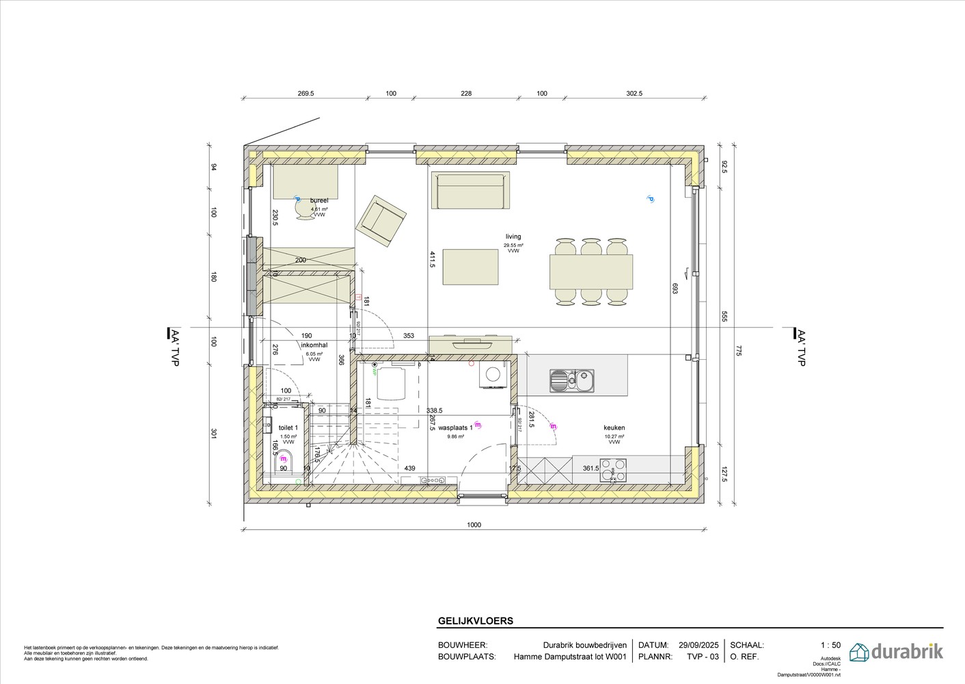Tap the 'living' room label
pyautogui.click(x=513, y=237)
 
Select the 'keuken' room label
pyautogui.click(x=614, y=428)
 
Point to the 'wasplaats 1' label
pyautogui.click(x=455, y=428)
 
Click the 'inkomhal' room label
pyautogui.click(x=314, y=345)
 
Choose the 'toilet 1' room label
pyautogui.click(x=288, y=428)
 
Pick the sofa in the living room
pyautogui.click(x=470, y=191)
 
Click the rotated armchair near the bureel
pyautogui.click(x=380, y=220)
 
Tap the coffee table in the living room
pyautogui.click(x=470, y=267)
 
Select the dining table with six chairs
pyautogui.click(x=590, y=272)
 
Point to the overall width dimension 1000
pyautogui.click(x=474, y=525)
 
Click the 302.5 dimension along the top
pyautogui.click(x=634, y=94)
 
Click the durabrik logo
pyautogui.click(x=896, y=651)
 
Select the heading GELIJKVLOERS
pyautogui.click(x=475, y=622)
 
